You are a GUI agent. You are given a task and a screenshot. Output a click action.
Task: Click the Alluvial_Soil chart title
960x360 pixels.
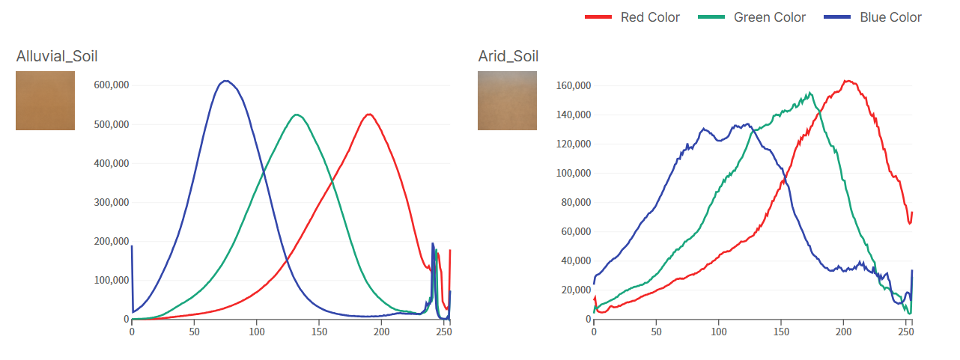[57, 56]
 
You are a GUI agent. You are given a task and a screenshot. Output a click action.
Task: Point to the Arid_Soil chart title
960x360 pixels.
[508, 56]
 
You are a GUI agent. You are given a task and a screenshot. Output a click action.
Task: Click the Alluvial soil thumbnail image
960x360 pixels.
[45, 100]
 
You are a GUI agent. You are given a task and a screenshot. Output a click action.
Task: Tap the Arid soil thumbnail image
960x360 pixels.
[507, 100]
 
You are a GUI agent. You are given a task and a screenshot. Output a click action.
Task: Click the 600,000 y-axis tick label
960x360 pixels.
[111, 85]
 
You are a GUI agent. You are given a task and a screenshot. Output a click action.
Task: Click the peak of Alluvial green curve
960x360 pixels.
[297, 115]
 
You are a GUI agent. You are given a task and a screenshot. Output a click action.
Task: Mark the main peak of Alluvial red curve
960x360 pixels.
[368, 115]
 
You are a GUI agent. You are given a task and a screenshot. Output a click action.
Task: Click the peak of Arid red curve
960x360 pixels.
[847, 81]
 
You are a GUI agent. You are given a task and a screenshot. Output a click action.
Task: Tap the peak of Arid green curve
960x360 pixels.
[809, 93]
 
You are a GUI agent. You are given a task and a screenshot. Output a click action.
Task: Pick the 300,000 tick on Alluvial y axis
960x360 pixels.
[111, 202]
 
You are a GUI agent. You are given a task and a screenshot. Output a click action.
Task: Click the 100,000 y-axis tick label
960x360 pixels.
[111, 280]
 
